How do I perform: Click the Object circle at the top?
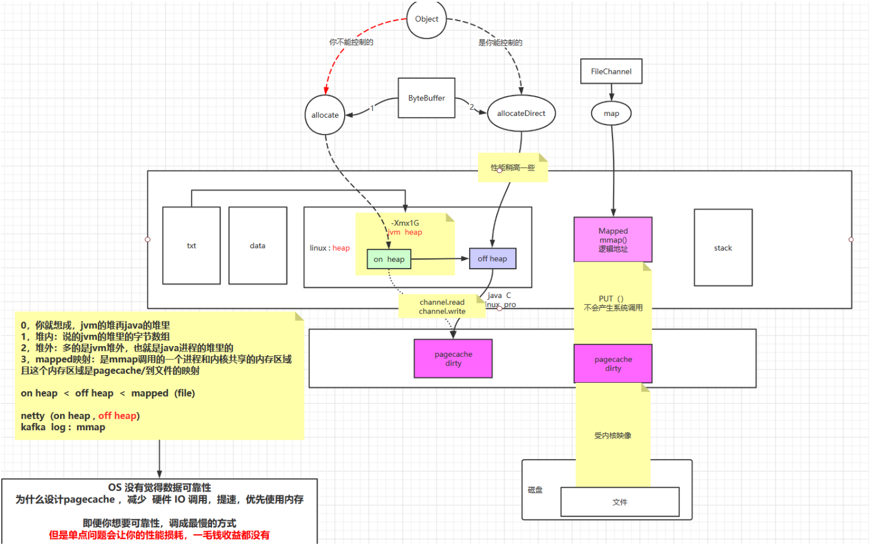pyautogui.click(x=426, y=19)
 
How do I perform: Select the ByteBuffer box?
pyautogui.click(x=426, y=98)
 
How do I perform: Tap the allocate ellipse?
pyautogui.click(x=325, y=115)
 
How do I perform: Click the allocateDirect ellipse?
pyautogui.click(x=521, y=114)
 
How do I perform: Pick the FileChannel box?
pyautogui.click(x=611, y=72)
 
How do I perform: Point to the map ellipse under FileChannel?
pyautogui.click(x=611, y=114)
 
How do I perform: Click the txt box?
pyautogui.click(x=192, y=246)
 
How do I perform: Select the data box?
pyautogui.click(x=258, y=246)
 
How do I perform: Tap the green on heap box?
pyautogui.click(x=389, y=260)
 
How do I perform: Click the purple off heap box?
pyautogui.click(x=492, y=259)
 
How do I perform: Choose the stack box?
pyautogui.click(x=723, y=248)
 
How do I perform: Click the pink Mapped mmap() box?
pyautogui.click(x=613, y=240)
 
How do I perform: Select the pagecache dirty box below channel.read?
pyautogui.click(x=453, y=359)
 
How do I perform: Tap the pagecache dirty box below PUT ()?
pyautogui.click(x=613, y=364)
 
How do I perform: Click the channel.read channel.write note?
pyautogui.click(x=442, y=307)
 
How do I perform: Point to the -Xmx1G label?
pyautogui.click(x=405, y=223)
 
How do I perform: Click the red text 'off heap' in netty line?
pyautogui.click(x=117, y=416)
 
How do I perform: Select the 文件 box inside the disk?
pyautogui.click(x=620, y=502)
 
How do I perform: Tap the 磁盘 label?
pyautogui.click(x=535, y=490)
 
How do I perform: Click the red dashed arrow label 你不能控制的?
pyautogui.click(x=351, y=42)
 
